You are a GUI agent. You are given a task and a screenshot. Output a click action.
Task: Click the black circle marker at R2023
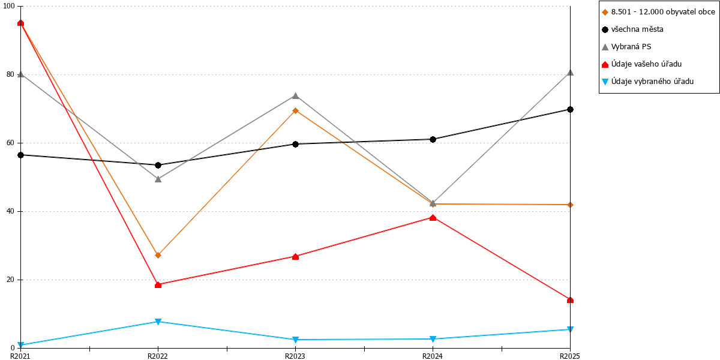click(x=295, y=144)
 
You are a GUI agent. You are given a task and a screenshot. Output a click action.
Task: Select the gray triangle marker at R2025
click(x=570, y=73)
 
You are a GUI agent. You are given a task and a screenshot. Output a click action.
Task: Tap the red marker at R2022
click(x=158, y=285)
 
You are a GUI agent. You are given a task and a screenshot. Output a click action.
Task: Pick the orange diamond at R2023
click(x=295, y=111)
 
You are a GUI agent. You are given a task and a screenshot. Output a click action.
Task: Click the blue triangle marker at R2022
click(x=158, y=322)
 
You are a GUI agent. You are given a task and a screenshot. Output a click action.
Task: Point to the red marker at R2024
click(x=433, y=218)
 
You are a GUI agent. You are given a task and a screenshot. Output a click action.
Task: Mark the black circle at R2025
click(x=570, y=110)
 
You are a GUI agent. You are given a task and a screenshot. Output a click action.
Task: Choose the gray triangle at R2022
click(x=158, y=179)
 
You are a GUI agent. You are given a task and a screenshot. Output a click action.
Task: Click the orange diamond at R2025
click(x=570, y=205)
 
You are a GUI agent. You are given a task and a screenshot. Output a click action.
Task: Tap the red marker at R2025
click(x=570, y=300)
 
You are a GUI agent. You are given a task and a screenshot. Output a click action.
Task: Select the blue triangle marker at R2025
click(x=570, y=329)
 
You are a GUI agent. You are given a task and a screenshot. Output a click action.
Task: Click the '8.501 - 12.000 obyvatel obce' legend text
click(x=663, y=12)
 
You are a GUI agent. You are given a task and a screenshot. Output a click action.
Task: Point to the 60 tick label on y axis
click(x=10, y=143)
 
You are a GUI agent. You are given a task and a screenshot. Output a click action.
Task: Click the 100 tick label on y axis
click(x=8, y=6)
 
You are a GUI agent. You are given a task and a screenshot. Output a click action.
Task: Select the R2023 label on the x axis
click(x=295, y=356)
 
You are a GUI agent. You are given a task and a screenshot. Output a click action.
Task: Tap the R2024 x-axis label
click(x=433, y=356)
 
